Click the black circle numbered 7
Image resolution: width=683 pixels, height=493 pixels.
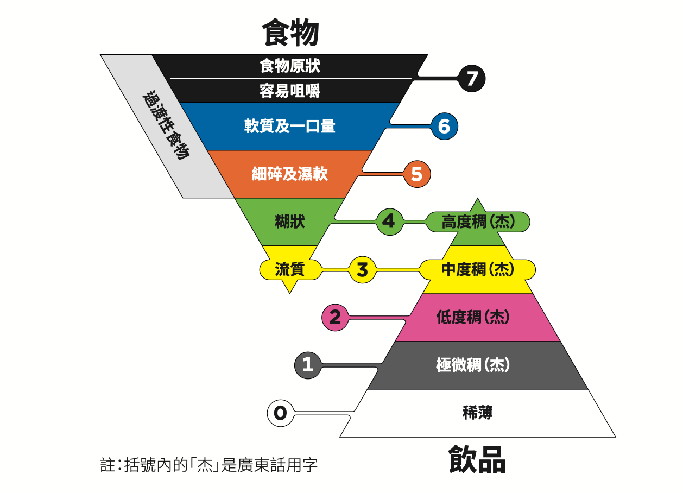[471, 79]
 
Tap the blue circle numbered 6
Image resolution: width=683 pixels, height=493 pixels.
[444, 127]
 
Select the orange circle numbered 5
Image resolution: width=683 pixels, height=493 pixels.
[416, 174]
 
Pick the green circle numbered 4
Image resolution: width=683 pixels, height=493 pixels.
[389, 222]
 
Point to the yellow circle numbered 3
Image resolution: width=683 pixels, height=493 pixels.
[362, 270]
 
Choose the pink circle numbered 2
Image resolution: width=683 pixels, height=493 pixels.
[335, 317]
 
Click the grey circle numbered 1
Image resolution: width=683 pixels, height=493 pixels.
[308, 365]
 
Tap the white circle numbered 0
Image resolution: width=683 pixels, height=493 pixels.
[280, 413]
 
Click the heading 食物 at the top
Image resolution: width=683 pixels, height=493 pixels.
[290, 33]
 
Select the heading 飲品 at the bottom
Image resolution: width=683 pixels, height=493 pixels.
[477, 460]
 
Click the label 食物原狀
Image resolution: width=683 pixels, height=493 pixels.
[290, 66]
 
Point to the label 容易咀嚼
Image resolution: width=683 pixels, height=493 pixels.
[290, 91]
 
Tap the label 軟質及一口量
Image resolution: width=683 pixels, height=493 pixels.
[290, 126]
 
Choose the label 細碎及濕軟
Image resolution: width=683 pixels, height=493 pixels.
[290, 174]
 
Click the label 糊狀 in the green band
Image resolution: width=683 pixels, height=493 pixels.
[290, 222]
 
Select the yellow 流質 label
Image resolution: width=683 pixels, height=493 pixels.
[290, 269]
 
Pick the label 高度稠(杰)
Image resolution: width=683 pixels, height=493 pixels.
[478, 222]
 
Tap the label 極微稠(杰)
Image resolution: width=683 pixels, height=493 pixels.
[473, 365]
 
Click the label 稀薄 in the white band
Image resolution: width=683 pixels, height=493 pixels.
[478, 413]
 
